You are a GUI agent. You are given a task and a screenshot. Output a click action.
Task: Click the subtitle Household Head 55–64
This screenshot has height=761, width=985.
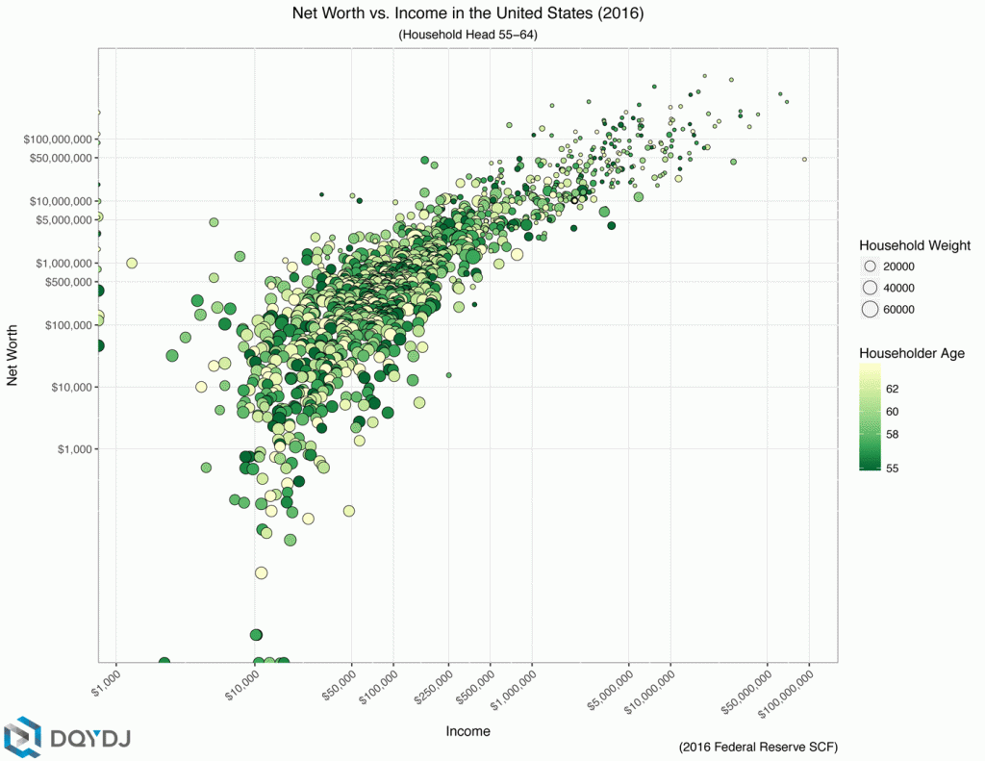point(467,35)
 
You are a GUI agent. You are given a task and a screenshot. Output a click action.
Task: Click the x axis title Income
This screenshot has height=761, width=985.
point(467,731)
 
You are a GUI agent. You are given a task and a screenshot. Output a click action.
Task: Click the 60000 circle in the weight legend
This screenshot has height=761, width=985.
point(871,309)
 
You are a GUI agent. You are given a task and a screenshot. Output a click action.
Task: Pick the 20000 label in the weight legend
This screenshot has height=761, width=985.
point(898,266)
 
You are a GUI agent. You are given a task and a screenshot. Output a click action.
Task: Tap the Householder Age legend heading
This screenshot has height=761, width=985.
point(911,353)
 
